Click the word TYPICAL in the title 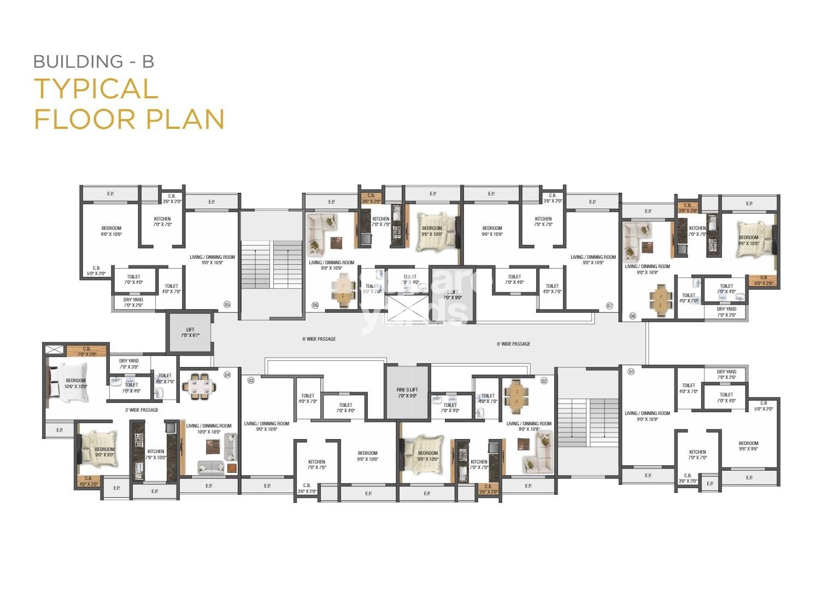click(96, 89)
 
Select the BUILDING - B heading click(93, 61)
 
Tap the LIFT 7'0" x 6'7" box click(190, 333)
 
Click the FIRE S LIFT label click(407, 393)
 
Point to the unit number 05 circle click(227, 305)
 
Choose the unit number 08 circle click(633, 316)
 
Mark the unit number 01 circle click(631, 371)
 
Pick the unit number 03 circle click(251, 379)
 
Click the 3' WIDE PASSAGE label click(142, 410)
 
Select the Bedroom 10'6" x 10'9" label click(76, 383)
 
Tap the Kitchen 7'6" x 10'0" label click(156, 454)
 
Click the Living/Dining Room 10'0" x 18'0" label click(209, 429)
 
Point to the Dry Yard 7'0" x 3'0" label click(129, 364)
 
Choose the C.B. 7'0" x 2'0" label click(87, 351)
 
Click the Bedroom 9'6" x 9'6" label click(748, 446)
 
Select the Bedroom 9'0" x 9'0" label click(104, 452)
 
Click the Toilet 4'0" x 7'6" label click(165, 378)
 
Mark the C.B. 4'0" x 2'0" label click(89, 481)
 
